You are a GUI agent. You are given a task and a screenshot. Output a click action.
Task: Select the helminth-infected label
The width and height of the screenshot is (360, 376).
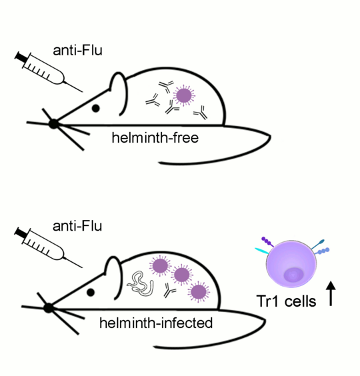coord(156,323)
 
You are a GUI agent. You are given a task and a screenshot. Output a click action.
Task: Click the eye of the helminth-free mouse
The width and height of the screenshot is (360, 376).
coord(96,107)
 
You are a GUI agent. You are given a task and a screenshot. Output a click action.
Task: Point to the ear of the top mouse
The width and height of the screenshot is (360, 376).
coord(118,87)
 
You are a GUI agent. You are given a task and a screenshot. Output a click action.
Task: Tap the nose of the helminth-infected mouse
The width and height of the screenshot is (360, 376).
coord(47,307)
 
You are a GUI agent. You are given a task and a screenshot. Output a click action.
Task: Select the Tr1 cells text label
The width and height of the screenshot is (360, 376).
coord(287,301)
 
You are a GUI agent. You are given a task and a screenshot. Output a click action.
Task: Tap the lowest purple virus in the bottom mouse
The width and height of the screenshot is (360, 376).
coord(198,291)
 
